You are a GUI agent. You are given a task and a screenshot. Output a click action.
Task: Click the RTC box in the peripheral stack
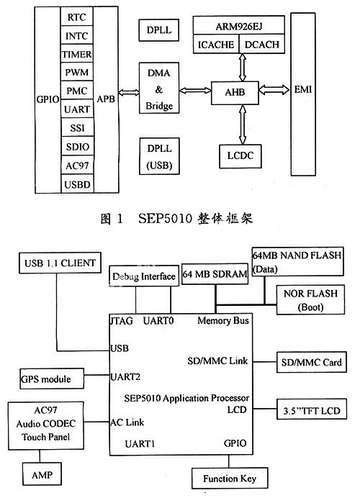(76, 17)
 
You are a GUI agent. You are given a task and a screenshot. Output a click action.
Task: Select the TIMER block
(76, 54)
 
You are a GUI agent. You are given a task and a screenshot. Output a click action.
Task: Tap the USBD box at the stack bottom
(77, 184)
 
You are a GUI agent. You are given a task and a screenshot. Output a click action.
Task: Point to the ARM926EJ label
(239, 26)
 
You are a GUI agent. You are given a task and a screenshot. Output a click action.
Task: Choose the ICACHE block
(216, 44)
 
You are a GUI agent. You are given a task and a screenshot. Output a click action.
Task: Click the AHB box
(235, 92)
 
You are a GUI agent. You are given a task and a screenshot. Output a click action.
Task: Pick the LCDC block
(240, 156)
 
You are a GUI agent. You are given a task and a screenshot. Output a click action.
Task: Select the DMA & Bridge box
(159, 88)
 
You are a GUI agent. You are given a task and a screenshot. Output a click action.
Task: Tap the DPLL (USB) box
(159, 156)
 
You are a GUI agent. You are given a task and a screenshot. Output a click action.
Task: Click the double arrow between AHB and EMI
(274, 90)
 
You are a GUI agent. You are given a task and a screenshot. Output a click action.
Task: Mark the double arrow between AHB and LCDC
(243, 124)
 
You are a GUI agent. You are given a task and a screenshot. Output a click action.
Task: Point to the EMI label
(303, 89)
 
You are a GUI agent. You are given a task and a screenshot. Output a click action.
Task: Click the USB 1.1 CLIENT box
(60, 263)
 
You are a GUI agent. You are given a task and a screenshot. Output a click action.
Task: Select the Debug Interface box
(144, 276)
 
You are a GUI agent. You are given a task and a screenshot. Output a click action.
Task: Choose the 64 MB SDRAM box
(215, 273)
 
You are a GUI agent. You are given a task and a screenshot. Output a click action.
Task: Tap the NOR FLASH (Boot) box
(310, 300)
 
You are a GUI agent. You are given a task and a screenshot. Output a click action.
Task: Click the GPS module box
(52, 379)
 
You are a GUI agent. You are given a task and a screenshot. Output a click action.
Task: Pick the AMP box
(42, 474)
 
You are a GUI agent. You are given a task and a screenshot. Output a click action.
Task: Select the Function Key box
(230, 478)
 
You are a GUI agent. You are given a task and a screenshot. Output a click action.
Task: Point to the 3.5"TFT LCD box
(311, 409)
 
